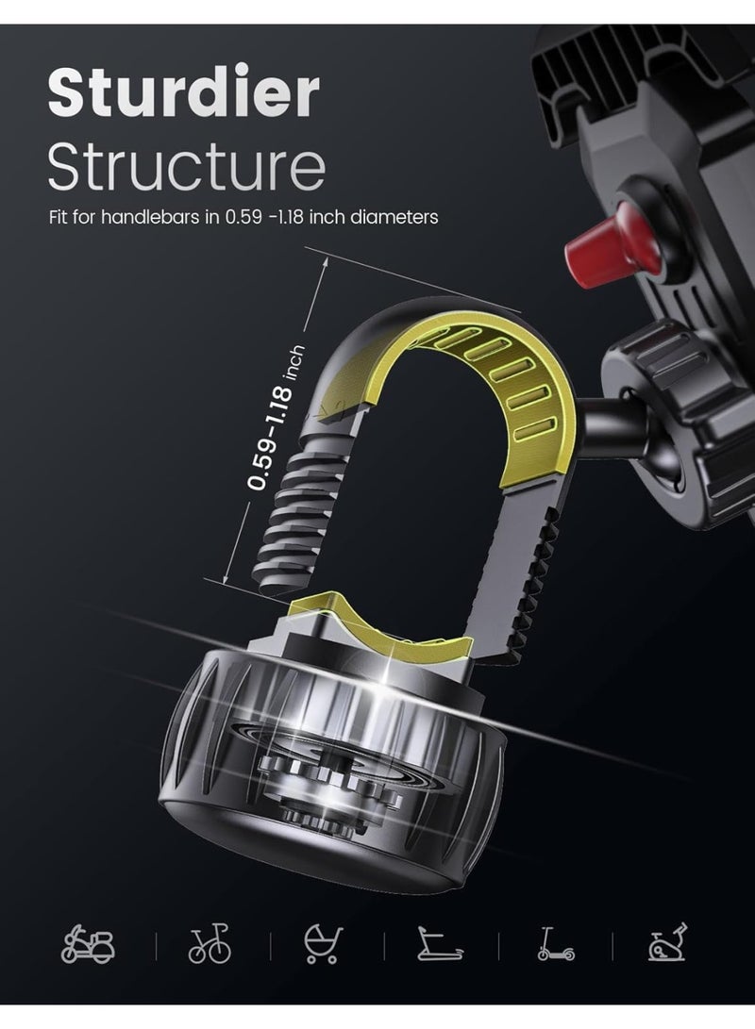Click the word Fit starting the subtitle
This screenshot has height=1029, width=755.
(59, 218)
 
